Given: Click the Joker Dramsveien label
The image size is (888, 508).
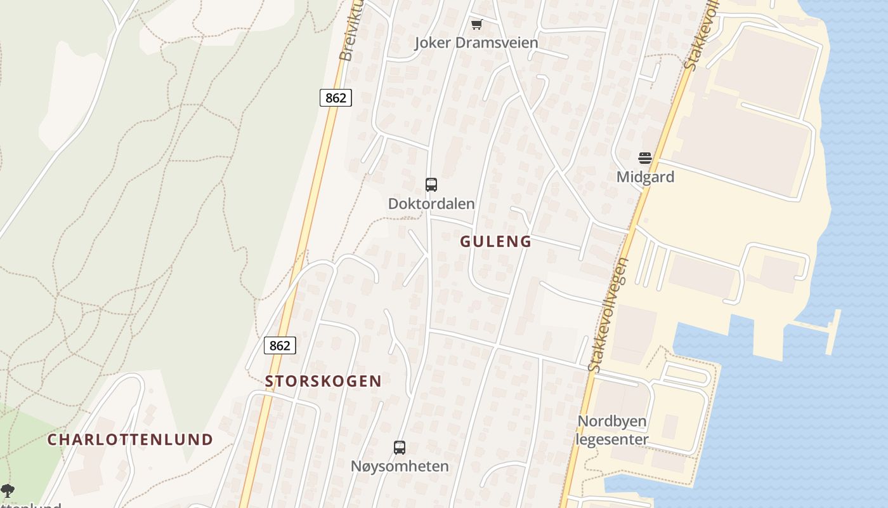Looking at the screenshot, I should click(476, 43).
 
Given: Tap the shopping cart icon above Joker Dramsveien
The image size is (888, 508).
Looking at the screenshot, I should click(476, 25).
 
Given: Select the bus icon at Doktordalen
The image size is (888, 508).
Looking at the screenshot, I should click(431, 185).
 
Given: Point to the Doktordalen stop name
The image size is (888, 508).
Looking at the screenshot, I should click(431, 204).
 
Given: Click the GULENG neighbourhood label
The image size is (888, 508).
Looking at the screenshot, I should click(495, 241).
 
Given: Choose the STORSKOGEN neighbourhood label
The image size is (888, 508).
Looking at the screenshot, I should click(323, 381).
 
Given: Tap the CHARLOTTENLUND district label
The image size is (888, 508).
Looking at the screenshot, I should click(130, 439).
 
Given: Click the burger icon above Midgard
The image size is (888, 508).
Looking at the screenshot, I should click(645, 157).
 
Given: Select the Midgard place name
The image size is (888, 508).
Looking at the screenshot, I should click(645, 177).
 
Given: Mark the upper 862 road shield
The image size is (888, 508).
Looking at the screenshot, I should click(336, 97).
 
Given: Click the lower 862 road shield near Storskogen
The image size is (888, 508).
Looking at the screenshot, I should click(280, 345).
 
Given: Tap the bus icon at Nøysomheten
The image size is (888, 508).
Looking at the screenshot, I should click(400, 447).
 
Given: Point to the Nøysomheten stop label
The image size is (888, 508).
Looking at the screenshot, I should click(400, 466).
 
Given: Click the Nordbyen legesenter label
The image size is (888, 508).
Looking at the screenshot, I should click(612, 430).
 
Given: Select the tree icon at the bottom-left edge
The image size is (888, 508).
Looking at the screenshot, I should click(7, 490).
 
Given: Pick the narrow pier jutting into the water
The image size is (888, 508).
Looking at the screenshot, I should click(833, 331).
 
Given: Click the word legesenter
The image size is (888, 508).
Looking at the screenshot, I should click(612, 439).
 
